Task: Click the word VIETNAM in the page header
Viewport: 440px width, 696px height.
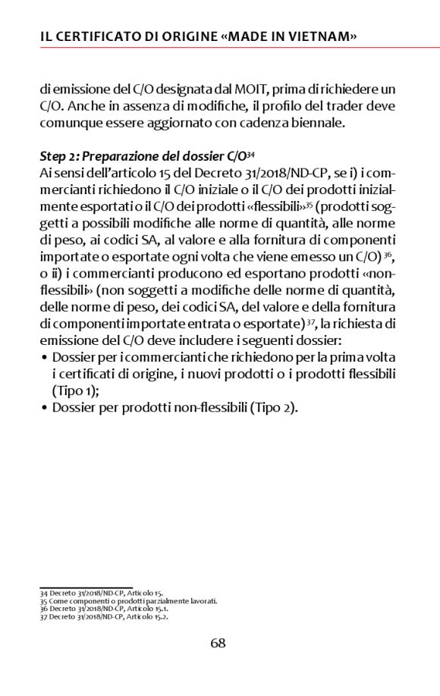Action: point(322,36)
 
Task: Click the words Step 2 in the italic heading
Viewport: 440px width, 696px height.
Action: point(58,156)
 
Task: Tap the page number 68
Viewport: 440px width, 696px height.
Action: point(218,643)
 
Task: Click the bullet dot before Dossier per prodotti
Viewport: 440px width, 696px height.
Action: point(45,408)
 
